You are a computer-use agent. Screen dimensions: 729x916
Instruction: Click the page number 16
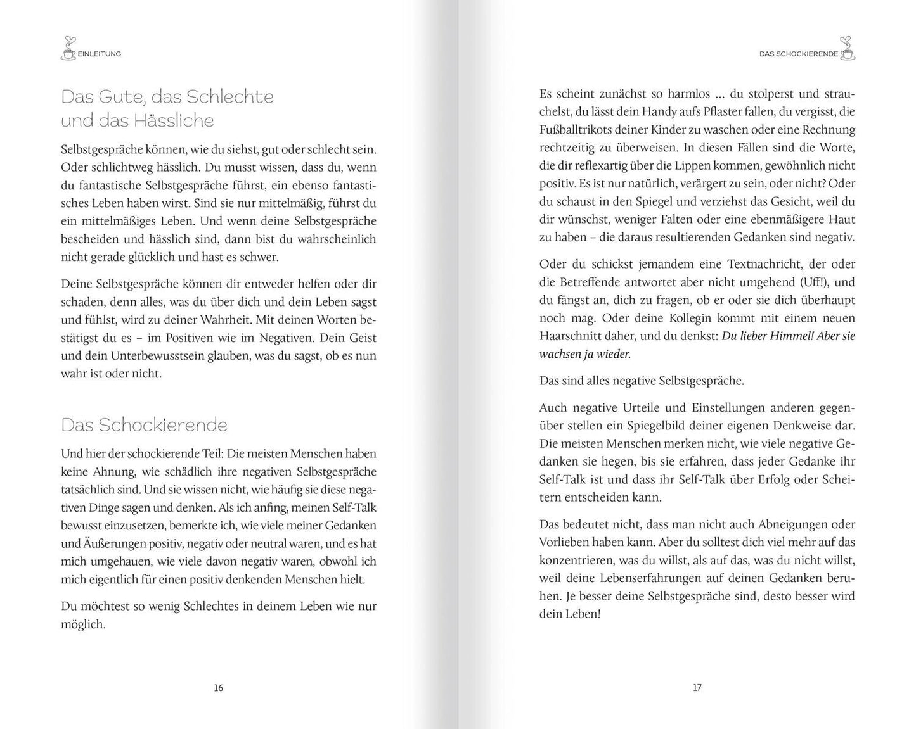(218, 687)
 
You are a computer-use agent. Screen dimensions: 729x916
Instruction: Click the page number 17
(697, 687)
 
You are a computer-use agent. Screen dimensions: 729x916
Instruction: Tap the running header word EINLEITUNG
(99, 54)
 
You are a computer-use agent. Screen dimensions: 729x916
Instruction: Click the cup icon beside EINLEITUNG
(68, 49)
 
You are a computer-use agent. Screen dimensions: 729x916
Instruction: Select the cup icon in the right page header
(847, 49)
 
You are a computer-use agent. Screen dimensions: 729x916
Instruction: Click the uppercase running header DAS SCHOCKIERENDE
(799, 54)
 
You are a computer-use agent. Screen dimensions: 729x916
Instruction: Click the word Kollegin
(687, 318)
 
